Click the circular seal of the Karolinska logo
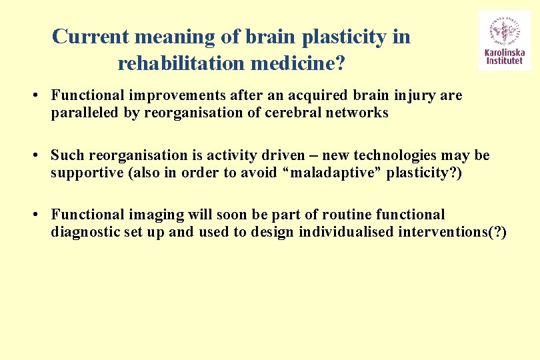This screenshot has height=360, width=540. pos(505,29)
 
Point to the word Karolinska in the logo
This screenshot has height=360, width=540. pos(505,53)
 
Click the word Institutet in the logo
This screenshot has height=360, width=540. pos(505,61)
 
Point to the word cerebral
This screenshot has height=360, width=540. pos(294,113)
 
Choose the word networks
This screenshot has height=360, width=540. pos(357,113)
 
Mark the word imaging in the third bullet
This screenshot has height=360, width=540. pos(141,215)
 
